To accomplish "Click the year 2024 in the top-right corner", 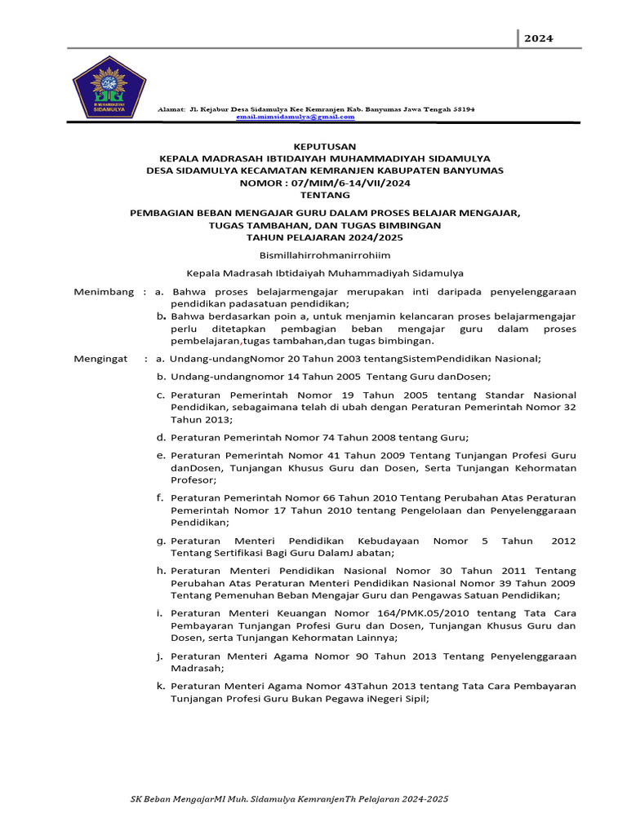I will tap(539, 38).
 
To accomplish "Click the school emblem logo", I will tap(109, 93).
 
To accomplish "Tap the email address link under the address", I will tap(296, 117).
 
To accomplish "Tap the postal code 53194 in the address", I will tap(462, 108).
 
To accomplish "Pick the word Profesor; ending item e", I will tap(193, 480).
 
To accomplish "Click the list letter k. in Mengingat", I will tap(162, 686).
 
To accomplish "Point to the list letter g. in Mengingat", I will tap(162, 541).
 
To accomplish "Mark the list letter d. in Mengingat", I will tap(162, 437).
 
